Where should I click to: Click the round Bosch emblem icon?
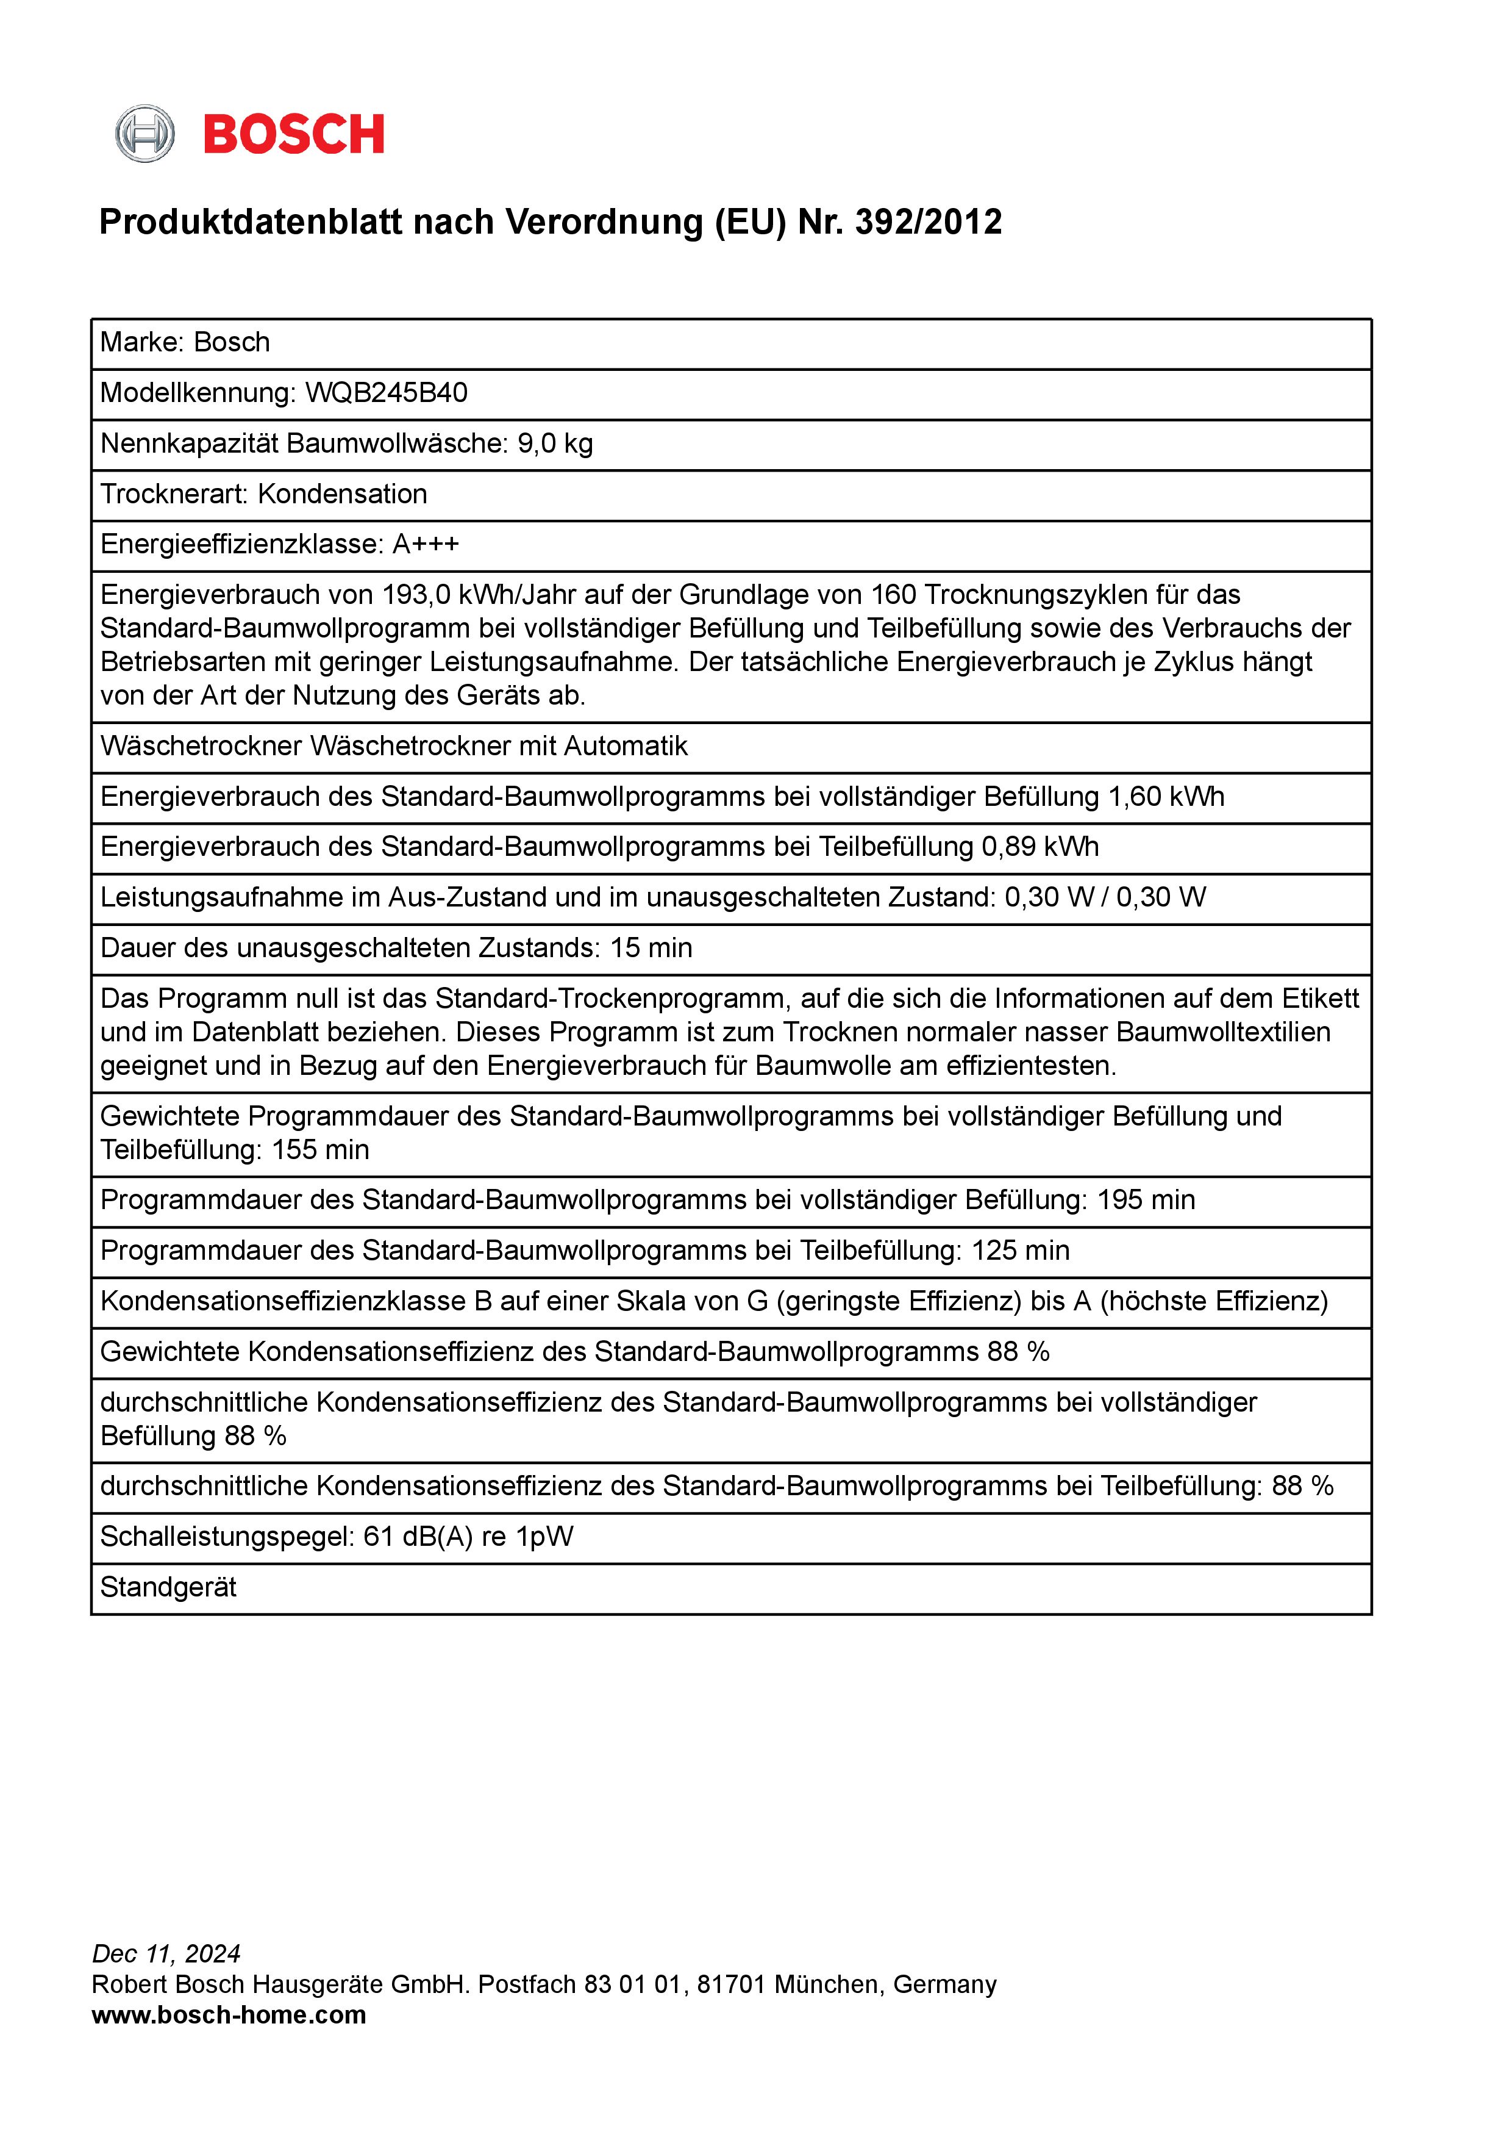144,134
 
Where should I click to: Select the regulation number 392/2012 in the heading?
928,222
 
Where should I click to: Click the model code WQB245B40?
386,392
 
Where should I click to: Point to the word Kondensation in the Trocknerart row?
342,494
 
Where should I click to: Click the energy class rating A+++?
425,544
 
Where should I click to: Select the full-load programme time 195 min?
1145,1201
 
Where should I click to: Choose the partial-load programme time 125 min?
1020,1251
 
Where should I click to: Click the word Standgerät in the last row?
169,1587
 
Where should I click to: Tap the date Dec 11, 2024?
166,1953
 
